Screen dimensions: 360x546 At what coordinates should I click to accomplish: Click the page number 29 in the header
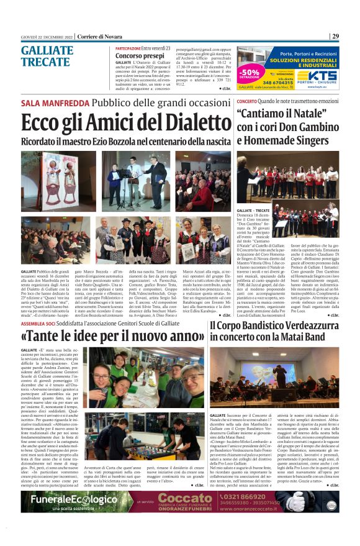click(x=335, y=37)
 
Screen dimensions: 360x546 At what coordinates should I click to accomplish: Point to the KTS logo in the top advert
click(x=322, y=75)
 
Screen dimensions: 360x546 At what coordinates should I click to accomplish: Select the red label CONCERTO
click(x=246, y=101)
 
